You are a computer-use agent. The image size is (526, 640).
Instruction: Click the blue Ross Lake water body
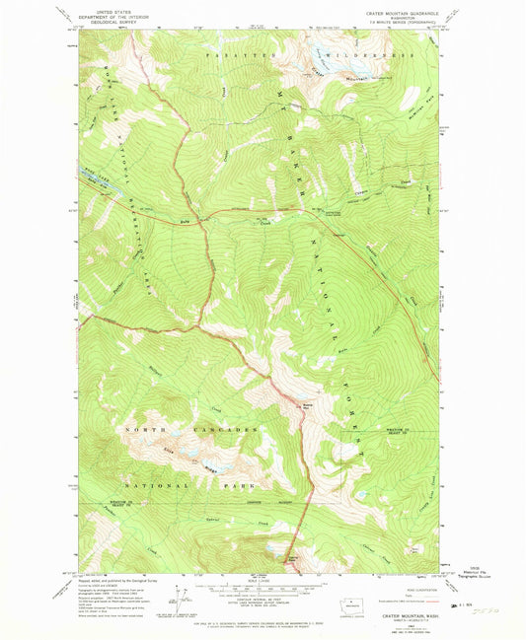(100, 182)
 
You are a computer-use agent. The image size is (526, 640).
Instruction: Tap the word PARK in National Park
(242, 484)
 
